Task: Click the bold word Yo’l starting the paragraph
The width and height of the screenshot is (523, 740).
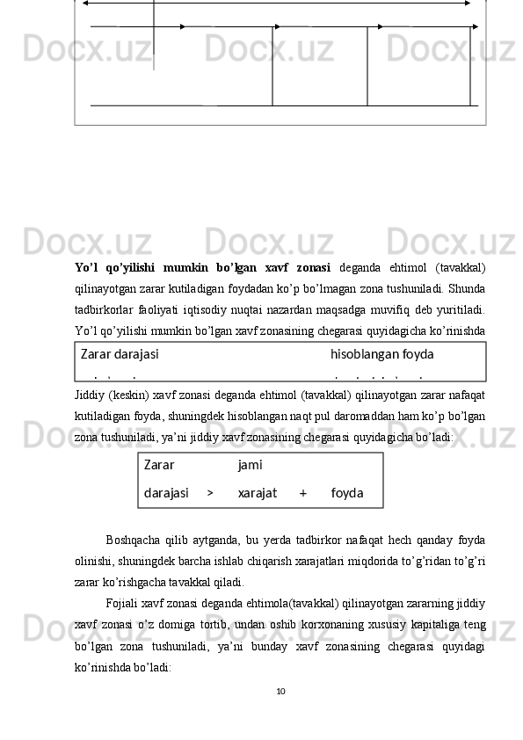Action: pyautogui.click(x=87, y=267)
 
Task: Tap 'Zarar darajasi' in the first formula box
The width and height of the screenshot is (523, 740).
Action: pyautogui.click(x=120, y=354)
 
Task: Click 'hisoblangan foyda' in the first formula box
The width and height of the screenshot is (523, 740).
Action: pyautogui.click(x=381, y=354)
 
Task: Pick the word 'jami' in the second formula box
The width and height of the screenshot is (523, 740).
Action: pyautogui.click(x=250, y=464)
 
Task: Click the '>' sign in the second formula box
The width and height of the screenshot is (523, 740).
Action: pyautogui.click(x=210, y=493)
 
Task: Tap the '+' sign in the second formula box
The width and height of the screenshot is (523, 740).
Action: pyautogui.click(x=302, y=493)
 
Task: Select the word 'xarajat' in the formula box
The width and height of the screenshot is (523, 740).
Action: pyautogui.click(x=258, y=493)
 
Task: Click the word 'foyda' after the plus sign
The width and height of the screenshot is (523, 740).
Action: pyautogui.click(x=347, y=493)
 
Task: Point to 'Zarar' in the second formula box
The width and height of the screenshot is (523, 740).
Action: pyautogui.click(x=159, y=464)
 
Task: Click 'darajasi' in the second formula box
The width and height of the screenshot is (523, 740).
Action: pyautogui.click(x=166, y=493)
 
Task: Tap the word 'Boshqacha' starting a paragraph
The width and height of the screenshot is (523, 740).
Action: pyautogui.click(x=132, y=539)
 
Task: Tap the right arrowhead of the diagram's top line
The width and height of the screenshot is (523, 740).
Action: pyautogui.click(x=468, y=4)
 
